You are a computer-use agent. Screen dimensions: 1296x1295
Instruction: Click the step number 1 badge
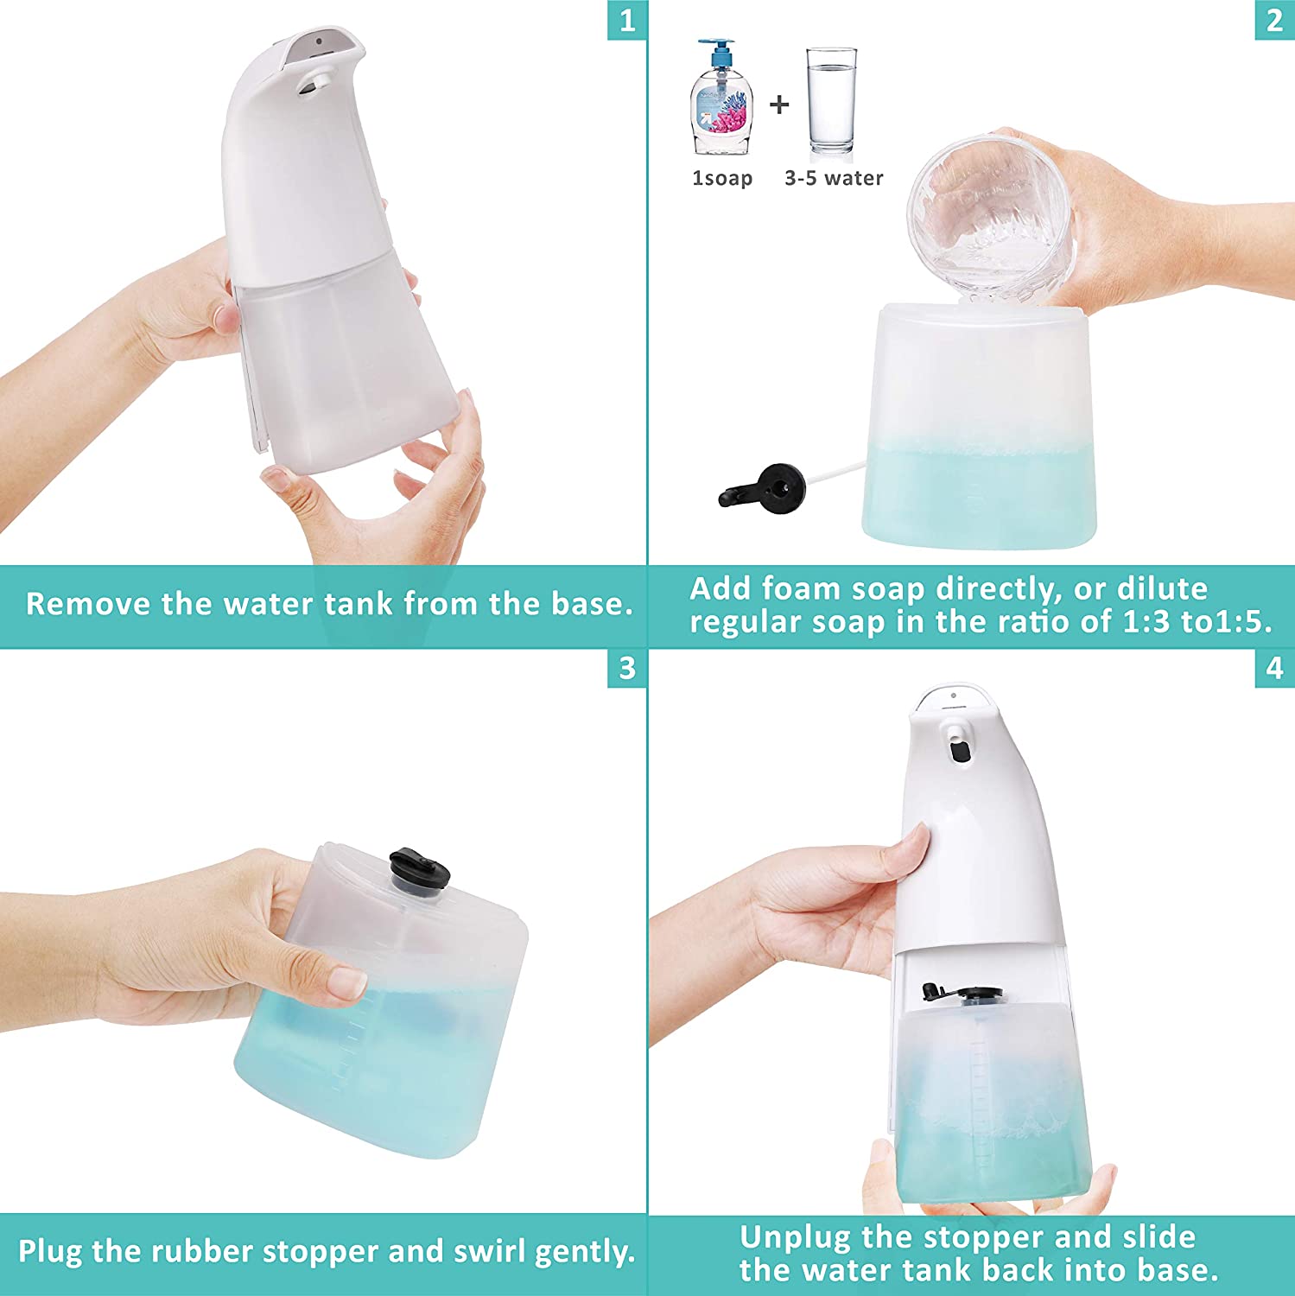627,20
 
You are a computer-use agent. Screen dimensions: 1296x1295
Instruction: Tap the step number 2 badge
1274,20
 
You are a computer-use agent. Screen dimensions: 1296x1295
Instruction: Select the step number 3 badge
627,668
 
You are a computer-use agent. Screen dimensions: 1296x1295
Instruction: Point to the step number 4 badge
1274,668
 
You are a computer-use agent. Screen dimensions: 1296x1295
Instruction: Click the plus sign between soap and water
779,105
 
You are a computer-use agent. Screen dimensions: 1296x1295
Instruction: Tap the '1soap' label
722,178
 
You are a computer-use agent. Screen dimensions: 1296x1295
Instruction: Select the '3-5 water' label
834,178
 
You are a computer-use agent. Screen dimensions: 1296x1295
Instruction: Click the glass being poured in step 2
992,216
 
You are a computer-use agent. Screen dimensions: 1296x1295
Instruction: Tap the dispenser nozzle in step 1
313,83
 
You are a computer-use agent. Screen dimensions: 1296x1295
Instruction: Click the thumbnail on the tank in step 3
350,982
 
